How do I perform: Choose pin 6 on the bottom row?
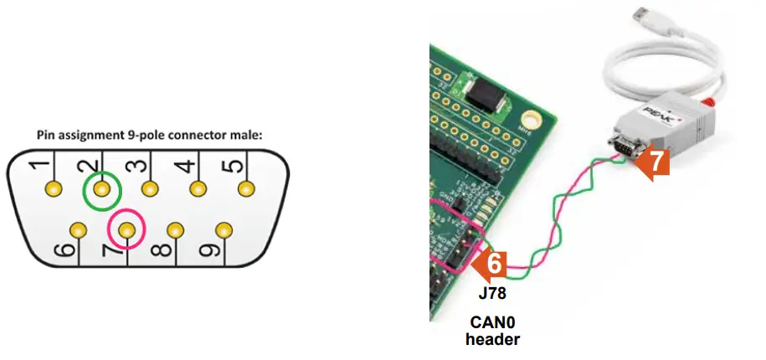[79, 229]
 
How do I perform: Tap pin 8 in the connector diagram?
[174, 229]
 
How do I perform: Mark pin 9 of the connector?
[222, 229]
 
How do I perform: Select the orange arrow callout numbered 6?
[491, 264]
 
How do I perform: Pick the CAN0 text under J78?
[492, 321]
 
